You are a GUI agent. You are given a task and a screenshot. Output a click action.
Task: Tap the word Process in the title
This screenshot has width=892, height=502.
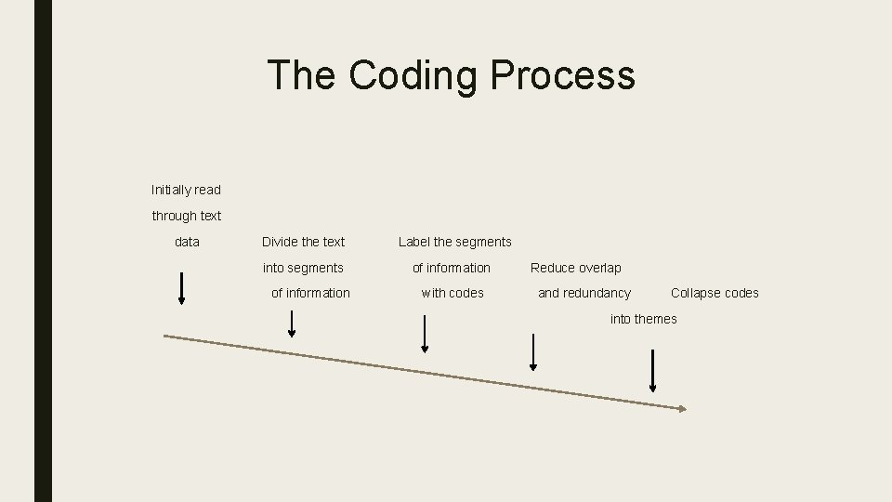[563, 75]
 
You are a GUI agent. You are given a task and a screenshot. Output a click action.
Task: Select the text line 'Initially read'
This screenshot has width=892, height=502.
[186, 190]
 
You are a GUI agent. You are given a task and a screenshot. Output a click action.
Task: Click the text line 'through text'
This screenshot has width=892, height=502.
[187, 216]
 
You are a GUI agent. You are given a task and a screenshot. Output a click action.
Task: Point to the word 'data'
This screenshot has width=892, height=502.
[187, 242]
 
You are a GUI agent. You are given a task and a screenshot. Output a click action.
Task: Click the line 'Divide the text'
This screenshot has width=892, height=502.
[303, 242]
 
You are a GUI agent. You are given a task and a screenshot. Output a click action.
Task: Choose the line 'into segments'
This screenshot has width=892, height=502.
[303, 268]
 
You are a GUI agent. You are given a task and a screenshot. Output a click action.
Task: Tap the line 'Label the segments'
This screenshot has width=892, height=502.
[454, 242]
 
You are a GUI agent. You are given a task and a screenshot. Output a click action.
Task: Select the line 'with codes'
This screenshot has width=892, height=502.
[453, 293]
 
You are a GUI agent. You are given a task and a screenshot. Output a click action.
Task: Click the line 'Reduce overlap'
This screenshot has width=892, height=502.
[575, 268]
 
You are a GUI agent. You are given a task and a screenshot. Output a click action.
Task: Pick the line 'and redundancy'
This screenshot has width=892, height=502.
[584, 293]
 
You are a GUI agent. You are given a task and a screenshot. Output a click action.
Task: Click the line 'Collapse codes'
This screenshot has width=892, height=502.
[715, 293]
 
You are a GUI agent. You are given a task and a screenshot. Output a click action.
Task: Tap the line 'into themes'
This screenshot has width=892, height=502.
[643, 319]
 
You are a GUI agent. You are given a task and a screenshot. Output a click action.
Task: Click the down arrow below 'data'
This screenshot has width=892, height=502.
[181, 288]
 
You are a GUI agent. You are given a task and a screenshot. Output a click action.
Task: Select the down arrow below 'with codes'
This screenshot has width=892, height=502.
[425, 334]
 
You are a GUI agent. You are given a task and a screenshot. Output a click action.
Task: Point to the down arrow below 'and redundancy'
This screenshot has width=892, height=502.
[533, 352]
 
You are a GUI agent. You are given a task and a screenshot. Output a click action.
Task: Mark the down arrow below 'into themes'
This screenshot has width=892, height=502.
[652, 371]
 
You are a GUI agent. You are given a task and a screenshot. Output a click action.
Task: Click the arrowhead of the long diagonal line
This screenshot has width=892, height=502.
[682, 408]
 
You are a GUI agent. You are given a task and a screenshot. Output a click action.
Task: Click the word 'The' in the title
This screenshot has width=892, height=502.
[300, 75]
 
